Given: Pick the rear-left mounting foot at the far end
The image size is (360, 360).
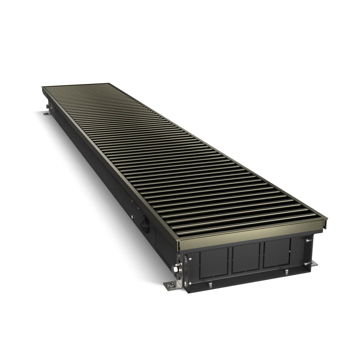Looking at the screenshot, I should [x=47, y=113].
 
